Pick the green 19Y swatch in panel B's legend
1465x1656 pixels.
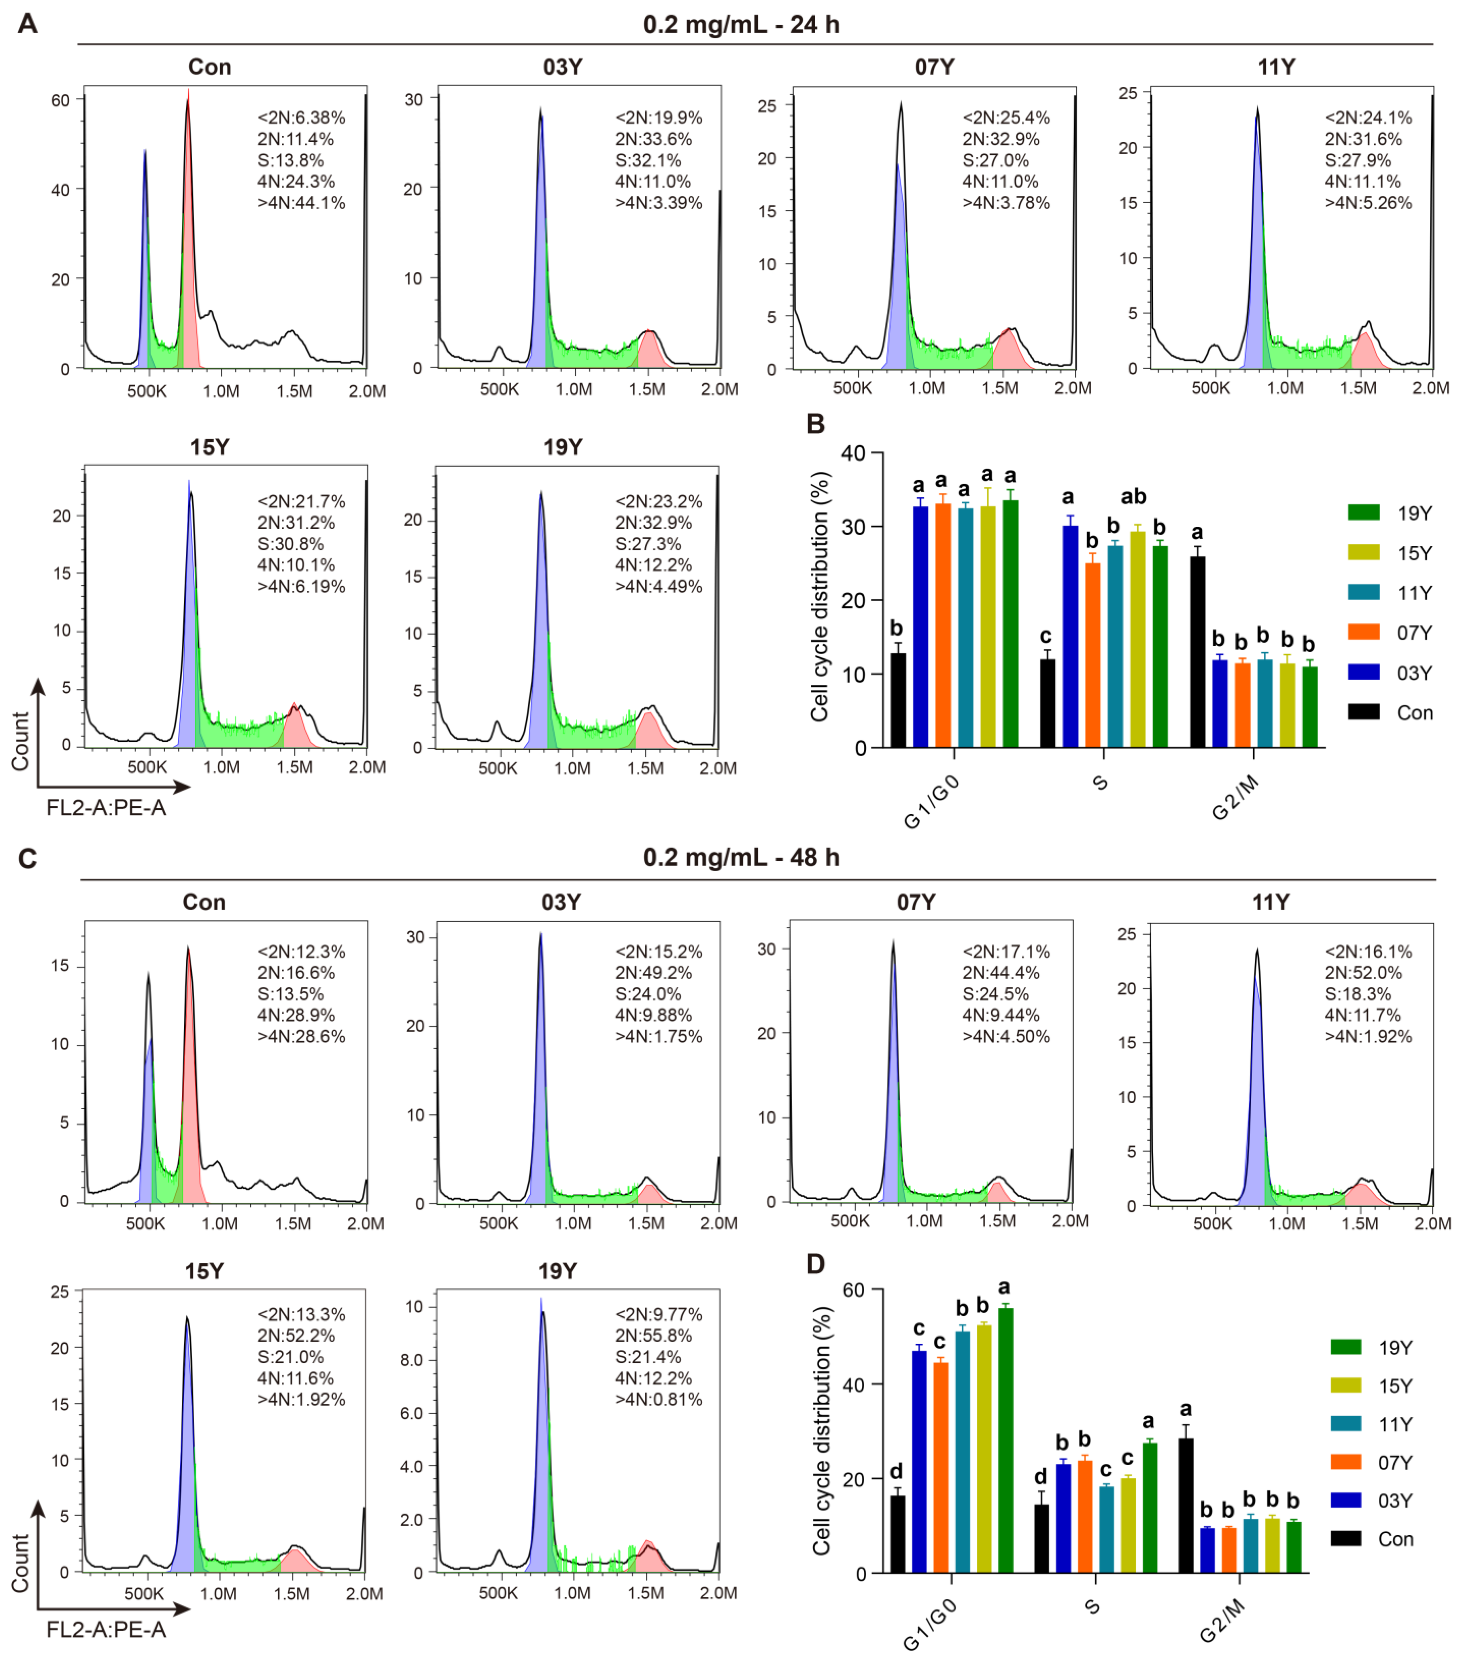[x=1364, y=512]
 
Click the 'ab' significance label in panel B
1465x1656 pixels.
[x=1133, y=496]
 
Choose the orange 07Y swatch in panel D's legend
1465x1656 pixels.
[x=1346, y=1462]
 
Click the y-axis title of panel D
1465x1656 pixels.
[x=822, y=1430]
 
